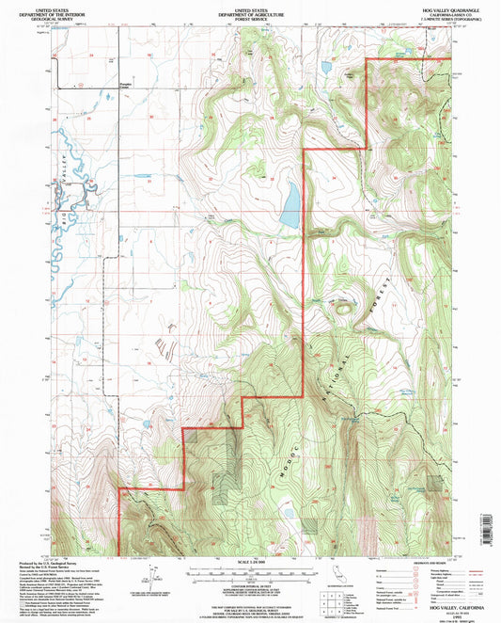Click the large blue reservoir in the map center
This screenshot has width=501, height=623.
click(x=290, y=204)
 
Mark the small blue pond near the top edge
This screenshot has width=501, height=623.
click(x=326, y=68)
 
